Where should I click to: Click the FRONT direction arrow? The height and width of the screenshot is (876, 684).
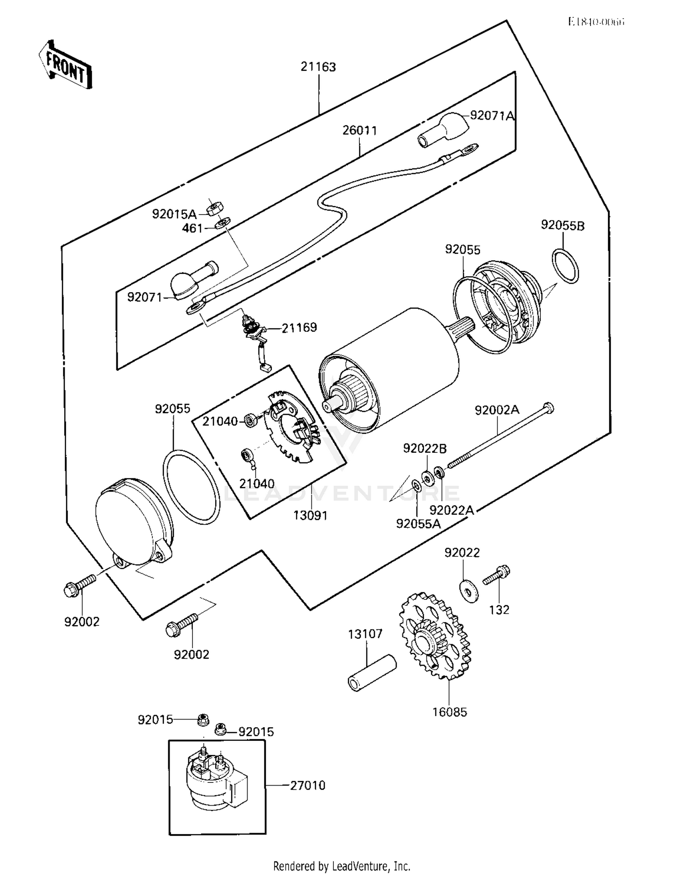click(65, 65)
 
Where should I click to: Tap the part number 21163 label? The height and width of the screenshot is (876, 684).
click(318, 67)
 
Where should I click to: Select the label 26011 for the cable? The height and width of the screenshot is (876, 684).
click(360, 131)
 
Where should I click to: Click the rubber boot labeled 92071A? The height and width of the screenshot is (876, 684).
click(442, 130)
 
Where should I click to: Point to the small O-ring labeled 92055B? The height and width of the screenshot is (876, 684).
click(565, 266)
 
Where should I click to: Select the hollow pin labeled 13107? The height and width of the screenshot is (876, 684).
click(372, 673)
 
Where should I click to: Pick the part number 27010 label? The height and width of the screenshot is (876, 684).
click(308, 785)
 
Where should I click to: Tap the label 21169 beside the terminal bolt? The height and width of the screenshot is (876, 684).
click(299, 328)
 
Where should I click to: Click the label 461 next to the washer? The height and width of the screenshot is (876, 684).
click(192, 228)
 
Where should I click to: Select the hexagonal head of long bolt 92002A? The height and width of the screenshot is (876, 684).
click(549, 407)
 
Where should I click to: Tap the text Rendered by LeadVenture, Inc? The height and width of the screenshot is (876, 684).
click(342, 866)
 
